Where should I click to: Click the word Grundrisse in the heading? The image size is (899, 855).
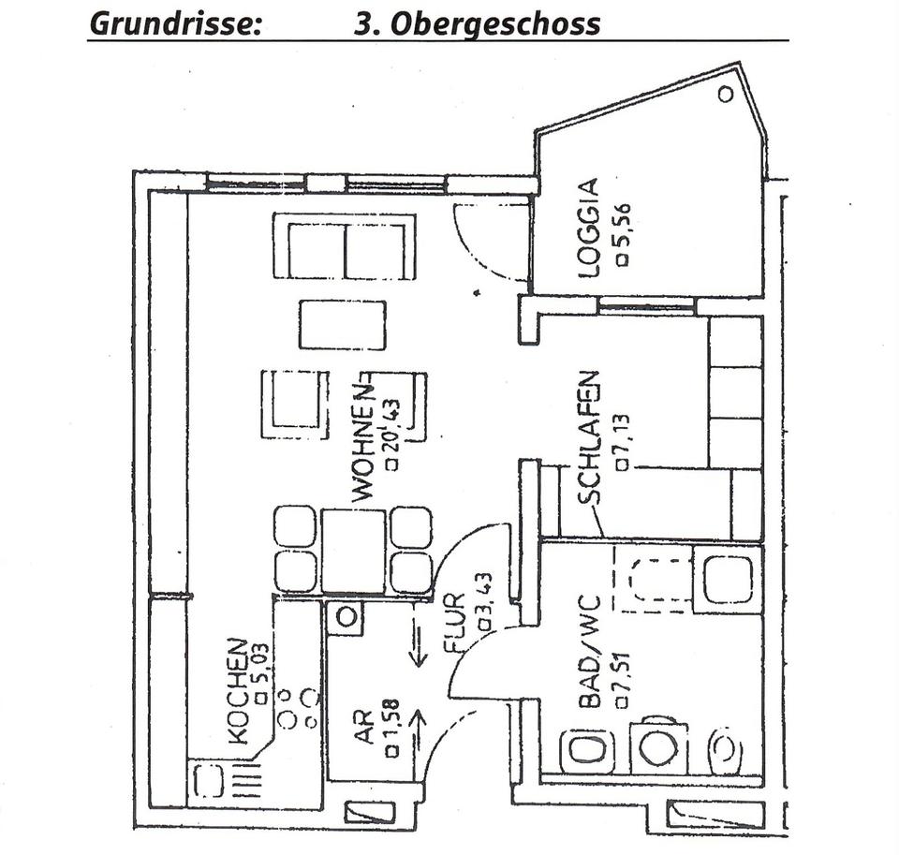(x=175, y=24)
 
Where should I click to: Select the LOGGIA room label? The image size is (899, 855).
(x=589, y=228)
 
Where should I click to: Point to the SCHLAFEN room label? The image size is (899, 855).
(x=589, y=438)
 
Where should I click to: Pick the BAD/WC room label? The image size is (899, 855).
(x=589, y=652)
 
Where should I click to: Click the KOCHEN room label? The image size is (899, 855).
(x=238, y=691)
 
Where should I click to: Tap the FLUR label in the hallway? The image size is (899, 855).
(x=455, y=624)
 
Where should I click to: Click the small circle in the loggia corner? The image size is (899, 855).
(x=725, y=94)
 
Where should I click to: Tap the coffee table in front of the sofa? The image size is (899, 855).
(x=343, y=325)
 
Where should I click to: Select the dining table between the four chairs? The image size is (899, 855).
(x=353, y=551)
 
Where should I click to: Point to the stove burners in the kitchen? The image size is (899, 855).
(x=297, y=708)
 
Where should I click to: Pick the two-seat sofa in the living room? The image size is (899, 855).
(x=346, y=246)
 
